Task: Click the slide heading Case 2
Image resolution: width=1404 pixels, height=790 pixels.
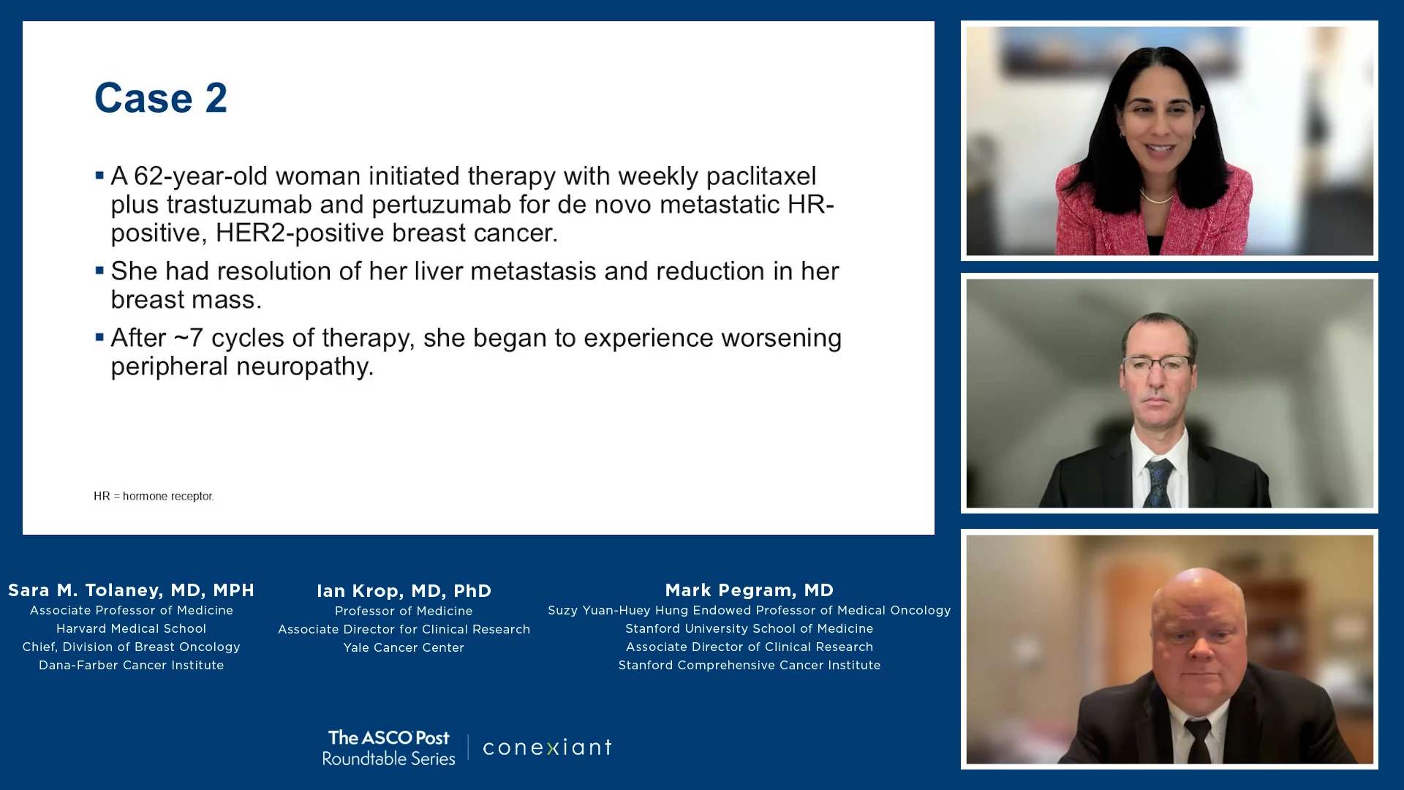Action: pyautogui.click(x=161, y=98)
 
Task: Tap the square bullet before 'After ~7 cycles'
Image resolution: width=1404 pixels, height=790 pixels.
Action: pyautogui.click(x=99, y=337)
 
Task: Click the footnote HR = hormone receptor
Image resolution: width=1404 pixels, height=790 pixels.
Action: pyautogui.click(x=154, y=496)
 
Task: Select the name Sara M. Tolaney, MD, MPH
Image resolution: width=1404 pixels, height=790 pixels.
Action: pyautogui.click(x=132, y=590)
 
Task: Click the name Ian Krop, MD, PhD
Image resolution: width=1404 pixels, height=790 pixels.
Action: pyautogui.click(x=404, y=591)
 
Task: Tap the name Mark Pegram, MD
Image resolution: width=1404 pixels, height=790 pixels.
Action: pyautogui.click(x=750, y=590)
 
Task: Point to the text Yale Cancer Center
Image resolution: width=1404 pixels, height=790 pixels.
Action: pyautogui.click(x=404, y=647)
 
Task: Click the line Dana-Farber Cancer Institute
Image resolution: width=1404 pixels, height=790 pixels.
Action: pyautogui.click(x=132, y=665)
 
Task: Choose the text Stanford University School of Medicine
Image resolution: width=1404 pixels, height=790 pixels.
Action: pyautogui.click(x=750, y=628)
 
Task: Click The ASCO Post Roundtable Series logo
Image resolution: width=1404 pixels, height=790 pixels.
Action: pyautogui.click(x=389, y=748)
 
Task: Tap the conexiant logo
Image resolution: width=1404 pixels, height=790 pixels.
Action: pyautogui.click(x=547, y=747)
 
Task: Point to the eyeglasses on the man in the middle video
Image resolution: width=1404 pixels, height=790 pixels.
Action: pyautogui.click(x=1158, y=363)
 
